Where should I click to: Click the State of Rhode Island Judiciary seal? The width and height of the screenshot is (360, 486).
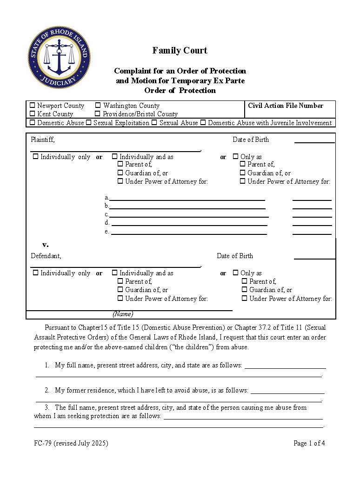pyautogui.click(x=59, y=58)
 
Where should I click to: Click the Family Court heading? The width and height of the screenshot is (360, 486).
pyautogui.click(x=180, y=50)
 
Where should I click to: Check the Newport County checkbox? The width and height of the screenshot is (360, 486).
pyautogui.click(x=33, y=106)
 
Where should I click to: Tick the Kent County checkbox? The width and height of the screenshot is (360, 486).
pyautogui.click(x=33, y=114)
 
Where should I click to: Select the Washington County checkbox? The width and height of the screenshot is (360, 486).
pyautogui.click(x=98, y=106)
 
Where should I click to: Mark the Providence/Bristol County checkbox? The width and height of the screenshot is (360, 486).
pyautogui.click(x=98, y=114)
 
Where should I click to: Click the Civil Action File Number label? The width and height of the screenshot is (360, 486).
pyautogui.click(x=285, y=106)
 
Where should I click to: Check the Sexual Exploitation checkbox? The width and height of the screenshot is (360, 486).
pyautogui.click(x=88, y=123)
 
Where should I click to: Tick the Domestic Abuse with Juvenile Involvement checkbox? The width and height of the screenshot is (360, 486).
pyautogui.click(x=203, y=123)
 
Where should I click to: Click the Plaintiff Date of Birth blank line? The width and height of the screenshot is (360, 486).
pyautogui.click(x=314, y=141)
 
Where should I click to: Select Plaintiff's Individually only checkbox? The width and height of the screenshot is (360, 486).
pyautogui.click(x=35, y=157)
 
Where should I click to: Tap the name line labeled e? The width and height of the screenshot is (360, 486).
pyautogui.click(x=188, y=233)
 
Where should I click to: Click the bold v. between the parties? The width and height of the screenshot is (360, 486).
pyautogui.click(x=45, y=245)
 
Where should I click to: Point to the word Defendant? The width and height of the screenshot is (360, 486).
pyautogui.click(x=46, y=256)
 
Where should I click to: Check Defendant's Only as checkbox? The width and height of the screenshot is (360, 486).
pyautogui.click(x=235, y=273)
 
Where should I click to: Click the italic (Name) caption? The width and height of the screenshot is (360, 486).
pyautogui.click(x=123, y=314)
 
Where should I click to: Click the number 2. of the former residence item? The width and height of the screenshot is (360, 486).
pyautogui.click(x=47, y=390)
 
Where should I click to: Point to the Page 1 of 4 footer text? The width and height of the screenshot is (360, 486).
pyautogui.click(x=309, y=443)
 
